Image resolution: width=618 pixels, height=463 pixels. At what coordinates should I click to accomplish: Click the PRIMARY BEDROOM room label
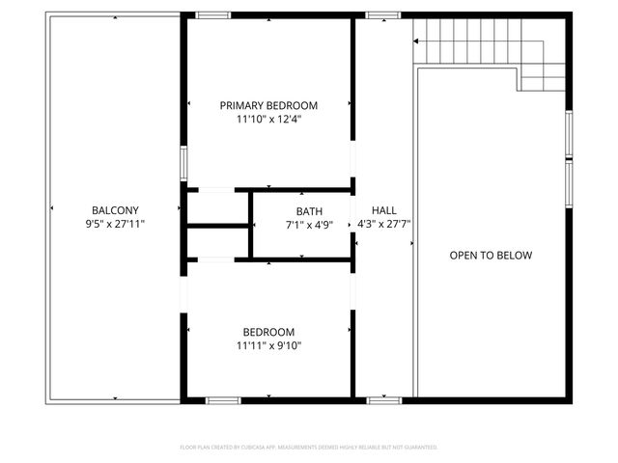[268, 105]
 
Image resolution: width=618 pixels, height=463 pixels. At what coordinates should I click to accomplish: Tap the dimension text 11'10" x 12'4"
[268, 120]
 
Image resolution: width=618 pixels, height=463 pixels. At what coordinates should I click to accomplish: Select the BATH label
[309, 211]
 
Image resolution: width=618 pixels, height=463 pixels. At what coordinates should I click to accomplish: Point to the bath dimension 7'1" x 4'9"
[309, 225]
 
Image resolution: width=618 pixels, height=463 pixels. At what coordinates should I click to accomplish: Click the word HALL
[384, 210]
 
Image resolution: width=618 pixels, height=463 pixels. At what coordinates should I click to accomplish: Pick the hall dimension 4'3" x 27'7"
[384, 224]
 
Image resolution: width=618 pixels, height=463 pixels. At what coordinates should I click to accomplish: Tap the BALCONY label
[115, 210]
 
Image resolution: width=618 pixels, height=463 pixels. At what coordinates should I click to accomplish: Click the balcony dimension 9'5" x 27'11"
[115, 224]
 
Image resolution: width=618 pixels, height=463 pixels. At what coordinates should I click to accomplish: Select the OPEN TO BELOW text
[491, 256]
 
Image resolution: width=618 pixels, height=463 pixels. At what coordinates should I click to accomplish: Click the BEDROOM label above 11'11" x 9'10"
[268, 331]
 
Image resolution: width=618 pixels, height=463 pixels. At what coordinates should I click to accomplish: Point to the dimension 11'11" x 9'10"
[268, 345]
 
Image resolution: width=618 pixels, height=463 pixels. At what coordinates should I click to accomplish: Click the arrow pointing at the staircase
[417, 41]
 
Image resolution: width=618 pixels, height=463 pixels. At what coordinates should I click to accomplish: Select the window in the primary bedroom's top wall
[212, 15]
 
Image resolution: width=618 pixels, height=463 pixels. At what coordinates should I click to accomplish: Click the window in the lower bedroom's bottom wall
[223, 399]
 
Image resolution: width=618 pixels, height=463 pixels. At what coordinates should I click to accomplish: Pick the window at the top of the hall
[383, 15]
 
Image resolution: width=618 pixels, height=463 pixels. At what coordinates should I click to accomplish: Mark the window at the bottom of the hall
[383, 399]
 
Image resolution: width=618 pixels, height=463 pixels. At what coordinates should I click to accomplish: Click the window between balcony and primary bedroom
[183, 161]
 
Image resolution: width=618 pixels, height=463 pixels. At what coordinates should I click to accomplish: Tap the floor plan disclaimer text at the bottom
[309, 448]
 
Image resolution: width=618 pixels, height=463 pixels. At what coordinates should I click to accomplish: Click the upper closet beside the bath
[216, 207]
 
